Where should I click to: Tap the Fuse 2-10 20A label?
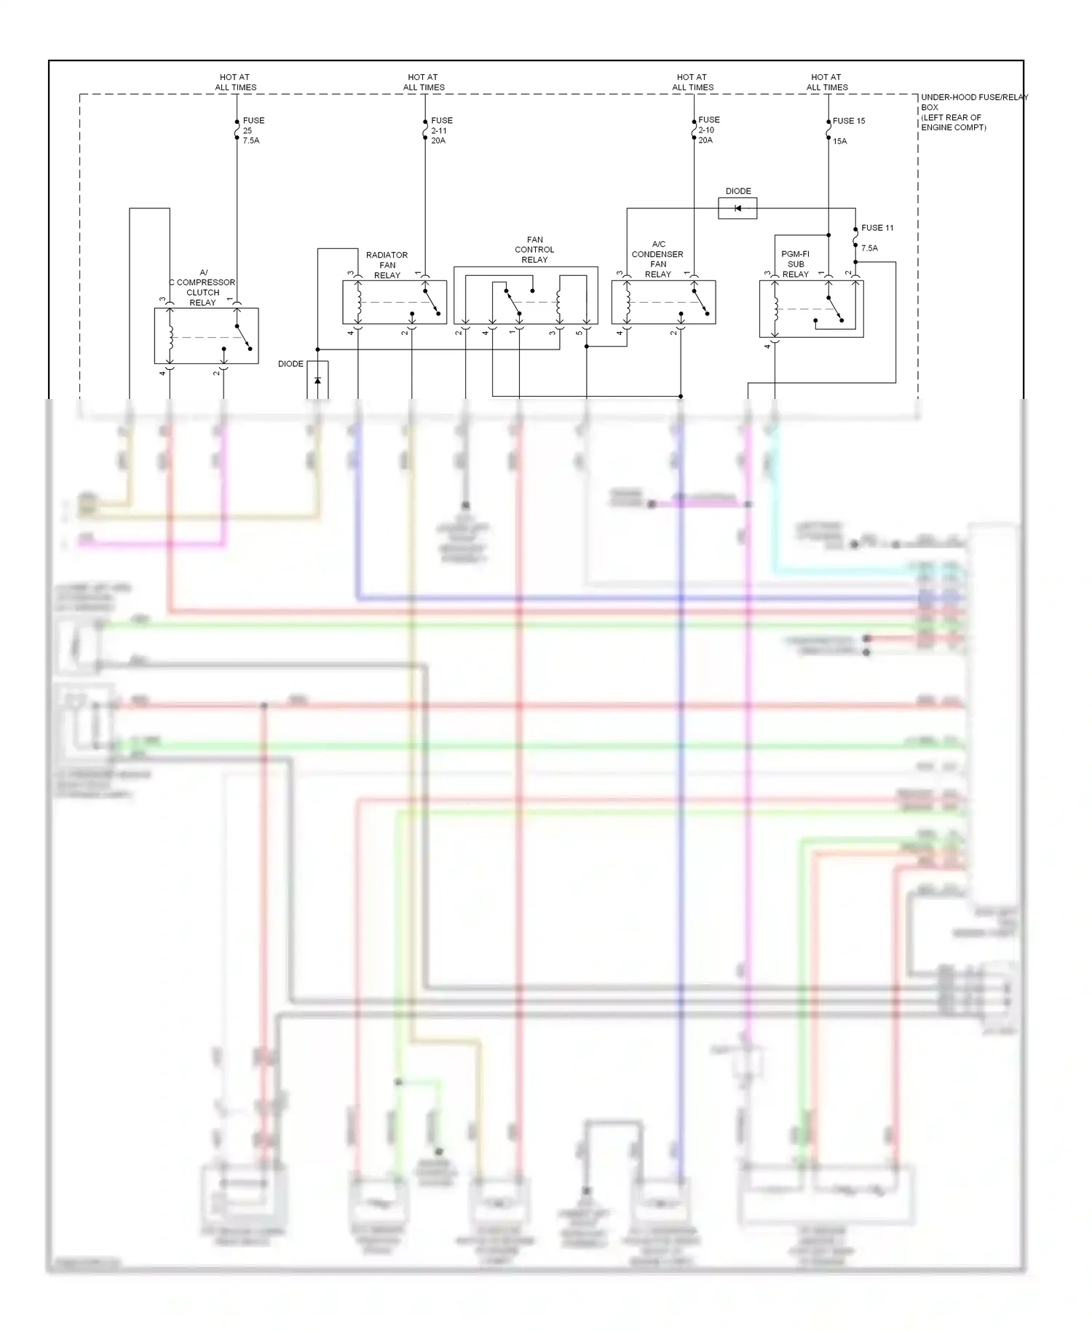[x=708, y=130]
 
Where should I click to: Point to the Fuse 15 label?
[x=848, y=121]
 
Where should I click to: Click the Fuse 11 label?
[x=877, y=228]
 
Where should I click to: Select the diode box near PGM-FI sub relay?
[x=737, y=209]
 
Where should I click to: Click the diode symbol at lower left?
[x=317, y=380]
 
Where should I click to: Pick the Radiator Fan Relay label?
[x=387, y=265]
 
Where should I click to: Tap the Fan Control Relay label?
[x=534, y=250]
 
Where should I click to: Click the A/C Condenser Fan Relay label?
[x=657, y=259]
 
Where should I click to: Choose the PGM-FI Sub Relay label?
[x=795, y=264]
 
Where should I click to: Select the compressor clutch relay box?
[x=206, y=336]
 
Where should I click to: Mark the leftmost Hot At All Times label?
[x=235, y=82]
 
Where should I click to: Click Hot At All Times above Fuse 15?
[x=826, y=82]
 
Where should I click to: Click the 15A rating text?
[x=839, y=141]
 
